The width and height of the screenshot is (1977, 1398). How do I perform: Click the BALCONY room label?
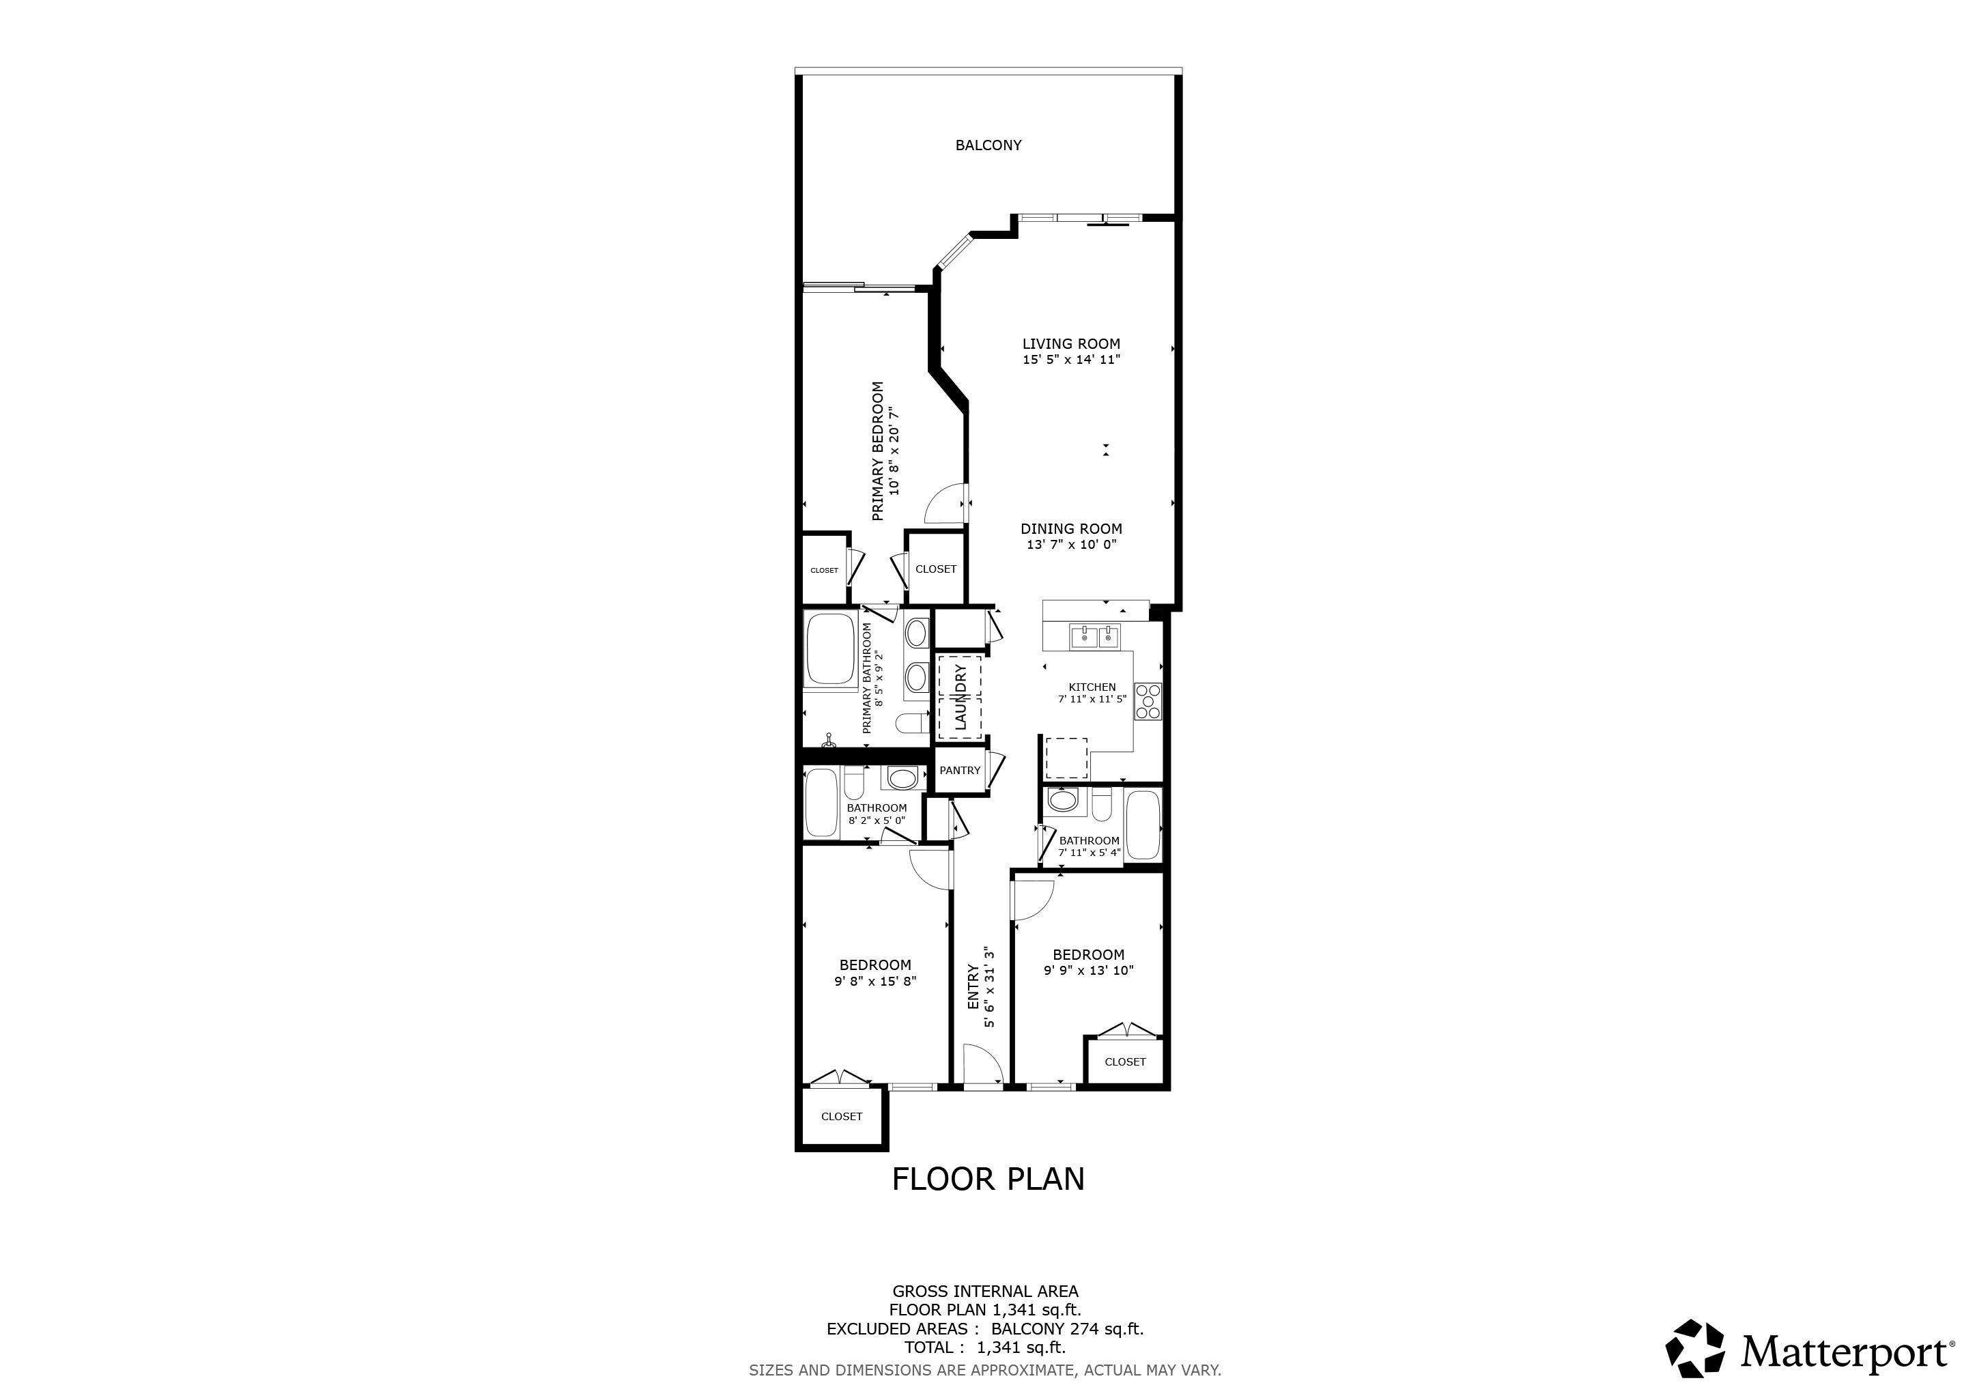[x=988, y=145]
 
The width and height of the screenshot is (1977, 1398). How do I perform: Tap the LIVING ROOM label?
[x=1071, y=343]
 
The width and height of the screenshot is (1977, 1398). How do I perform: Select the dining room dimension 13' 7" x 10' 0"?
[x=1071, y=545]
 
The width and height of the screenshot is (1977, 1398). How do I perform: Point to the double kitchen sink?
[x=1094, y=637]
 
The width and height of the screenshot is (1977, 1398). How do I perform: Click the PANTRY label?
[x=960, y=771]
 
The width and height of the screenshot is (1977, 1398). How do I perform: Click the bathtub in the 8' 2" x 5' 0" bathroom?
[x=821, y=804]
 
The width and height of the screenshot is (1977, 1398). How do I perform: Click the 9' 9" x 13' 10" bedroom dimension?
[x=1088, y=970]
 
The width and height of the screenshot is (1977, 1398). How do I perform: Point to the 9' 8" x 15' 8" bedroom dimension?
[x=875, y=980]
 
